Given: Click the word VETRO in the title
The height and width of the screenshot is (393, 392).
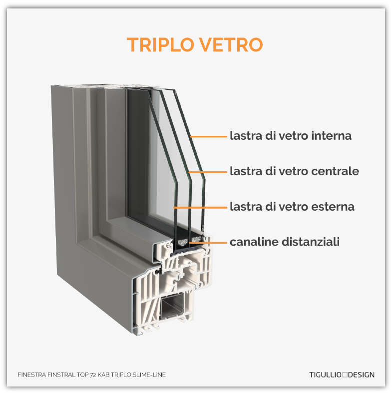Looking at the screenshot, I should (231, 45).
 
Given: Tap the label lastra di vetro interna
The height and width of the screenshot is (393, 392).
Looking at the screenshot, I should (291, 136).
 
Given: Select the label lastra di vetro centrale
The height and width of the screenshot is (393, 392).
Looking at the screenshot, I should (294, 171).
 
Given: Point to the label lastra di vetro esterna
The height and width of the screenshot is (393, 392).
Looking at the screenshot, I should (292, 207).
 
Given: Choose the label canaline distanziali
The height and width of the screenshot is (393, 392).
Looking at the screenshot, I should (285, 242).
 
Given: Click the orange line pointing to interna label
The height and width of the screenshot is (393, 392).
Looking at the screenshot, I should (207, 136).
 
